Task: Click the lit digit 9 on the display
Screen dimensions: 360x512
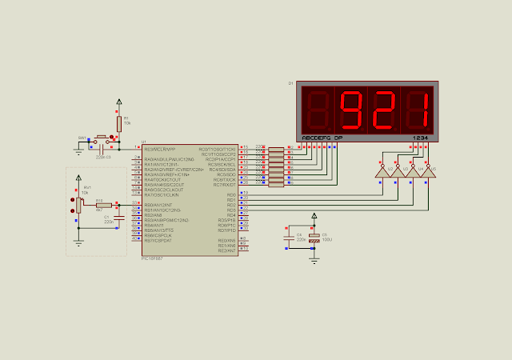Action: pyautogui.click(x=351, y=111)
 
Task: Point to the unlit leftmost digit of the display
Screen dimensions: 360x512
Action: pyautogui.click(x=318, y=111)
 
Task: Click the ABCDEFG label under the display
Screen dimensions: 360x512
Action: pyautogui.click(x=315, y=138)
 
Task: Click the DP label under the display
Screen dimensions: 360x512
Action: pyautogui.click(x=338, y=138)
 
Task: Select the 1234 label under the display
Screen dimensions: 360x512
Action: pyautogui.click(x=421, y=138)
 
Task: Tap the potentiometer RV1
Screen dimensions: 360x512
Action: pyautogui.click(x=78, y=205)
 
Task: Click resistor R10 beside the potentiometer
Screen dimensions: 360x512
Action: pyautogui.click(x=103, y=205)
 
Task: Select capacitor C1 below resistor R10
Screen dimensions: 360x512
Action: pyautogui.click(x=119, y=217)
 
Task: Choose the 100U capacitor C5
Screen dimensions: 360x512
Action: pyautogui.click(x=314, y=238)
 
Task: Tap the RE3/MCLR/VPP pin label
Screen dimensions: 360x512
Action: pyautogui.click(x=159, y=149)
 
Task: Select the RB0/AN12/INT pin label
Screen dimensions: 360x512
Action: pyautogui.click(x=157, y=206)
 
